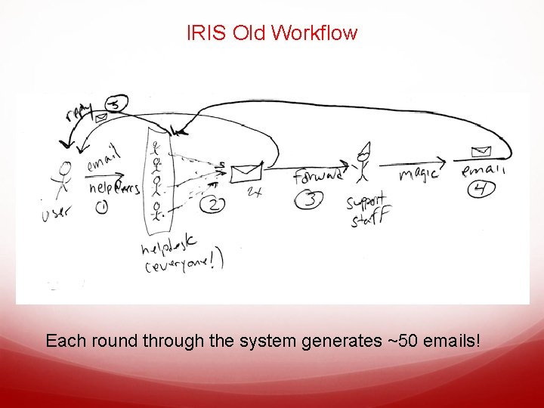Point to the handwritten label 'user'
tap(57, 214)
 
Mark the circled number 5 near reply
tap(116, 104)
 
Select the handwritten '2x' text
tap(254, 193)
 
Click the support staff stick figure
tap(363, 162)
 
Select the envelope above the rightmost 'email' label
tap(478, 151)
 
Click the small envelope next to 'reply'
tap(100, 118)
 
